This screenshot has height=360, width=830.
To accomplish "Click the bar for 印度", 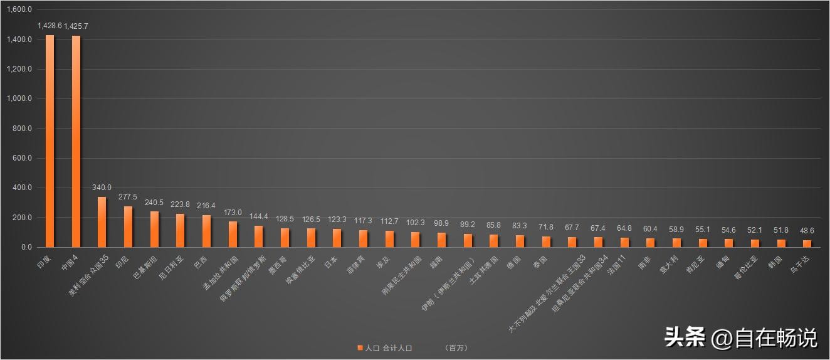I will [50, 141].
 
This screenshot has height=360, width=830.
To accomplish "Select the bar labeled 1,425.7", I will [76, 142].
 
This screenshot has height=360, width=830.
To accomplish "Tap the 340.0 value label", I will [102, 188].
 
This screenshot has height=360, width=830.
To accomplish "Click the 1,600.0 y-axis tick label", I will [19, 10].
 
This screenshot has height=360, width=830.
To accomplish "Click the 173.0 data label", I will [233, 213].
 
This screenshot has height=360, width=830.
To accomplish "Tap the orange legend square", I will [360, 347].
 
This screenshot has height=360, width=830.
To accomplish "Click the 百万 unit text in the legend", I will [456, 347].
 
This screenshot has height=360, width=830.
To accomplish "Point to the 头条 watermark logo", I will [685, 337].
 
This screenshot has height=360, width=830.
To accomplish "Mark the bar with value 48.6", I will [807, 243].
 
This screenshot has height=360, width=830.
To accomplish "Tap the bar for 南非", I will [650, 243].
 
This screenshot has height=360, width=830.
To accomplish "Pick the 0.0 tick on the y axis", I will [26, 248].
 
